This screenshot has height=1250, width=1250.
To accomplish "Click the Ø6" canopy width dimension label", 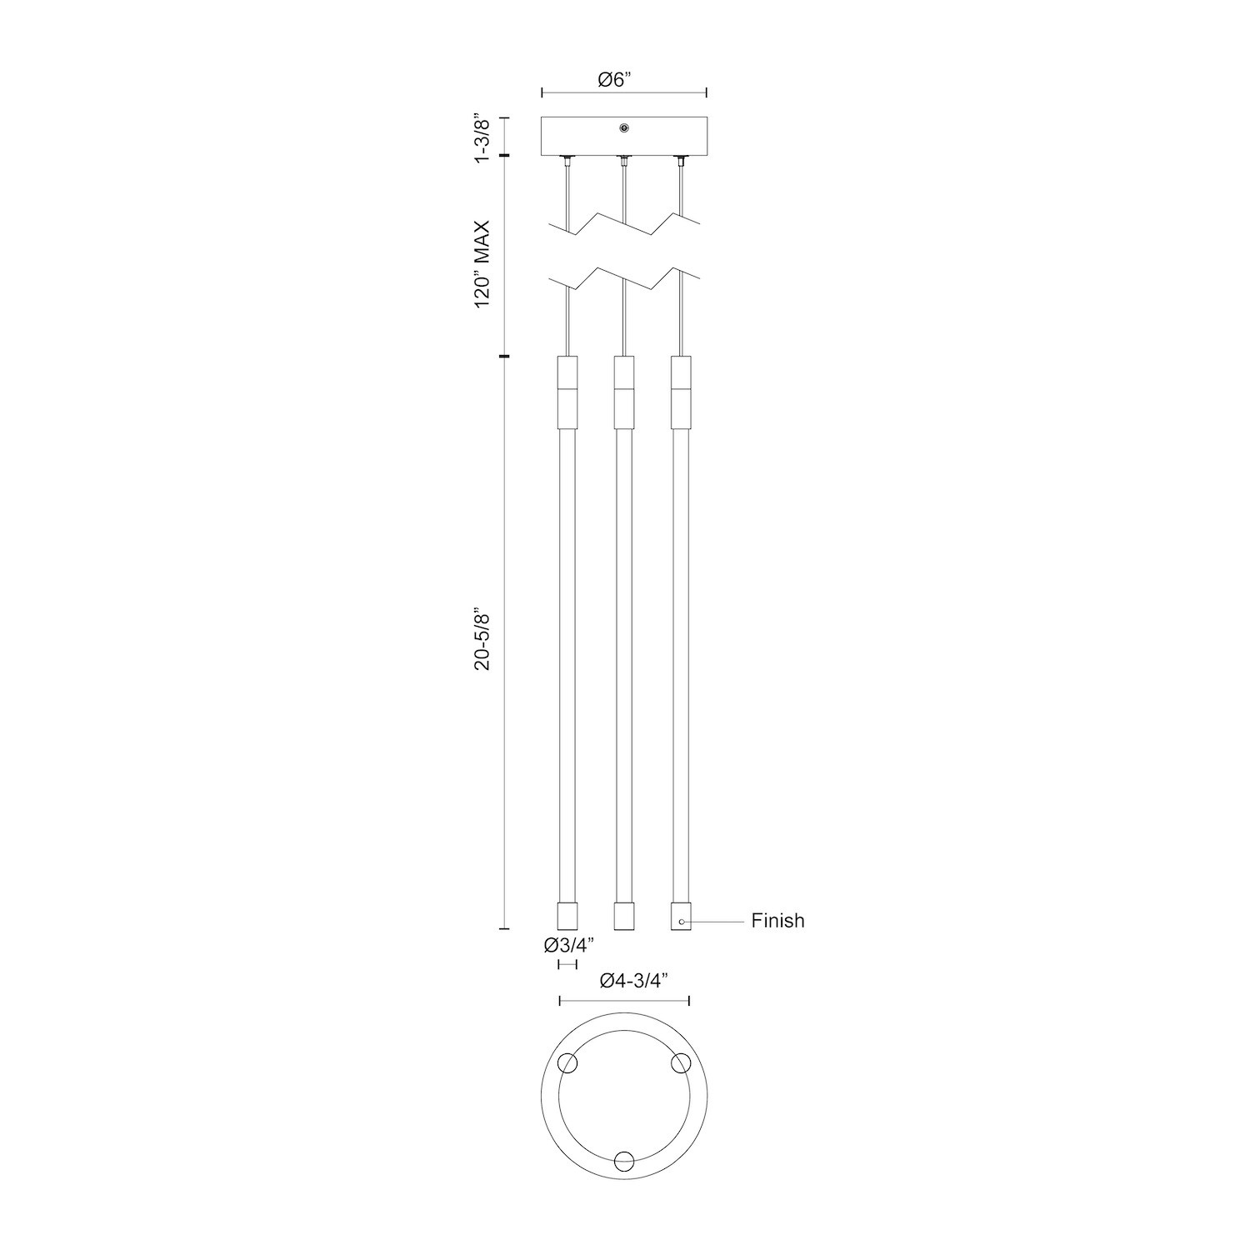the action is tap(616, 80).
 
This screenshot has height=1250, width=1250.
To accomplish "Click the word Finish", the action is tap(777, 921).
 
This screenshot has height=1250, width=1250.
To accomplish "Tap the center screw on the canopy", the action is tap(624, 127).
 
